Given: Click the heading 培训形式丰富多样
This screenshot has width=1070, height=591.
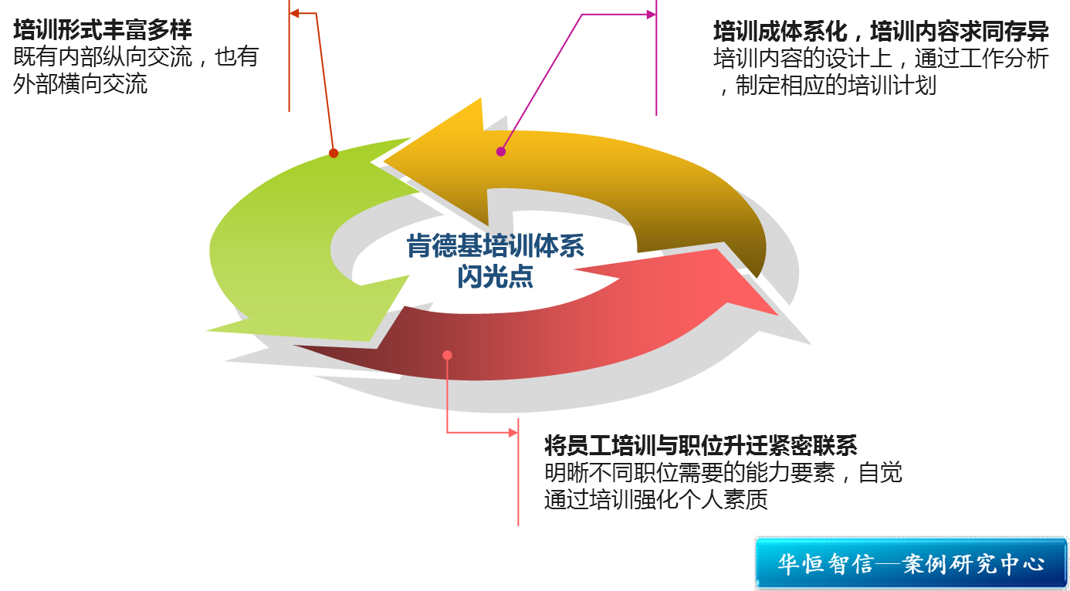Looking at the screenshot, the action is [x=102, y=30].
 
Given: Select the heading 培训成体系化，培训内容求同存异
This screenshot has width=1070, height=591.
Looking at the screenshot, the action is [x=881, y=32].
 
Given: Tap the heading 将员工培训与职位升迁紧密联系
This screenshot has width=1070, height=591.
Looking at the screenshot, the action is [x=700, y=445].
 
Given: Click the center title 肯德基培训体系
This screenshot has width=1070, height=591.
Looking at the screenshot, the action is [x=496, y=246].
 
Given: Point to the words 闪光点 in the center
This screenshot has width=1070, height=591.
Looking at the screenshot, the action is [x=496, y=276].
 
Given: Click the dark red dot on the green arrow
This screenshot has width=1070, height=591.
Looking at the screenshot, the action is [x=334, y=154].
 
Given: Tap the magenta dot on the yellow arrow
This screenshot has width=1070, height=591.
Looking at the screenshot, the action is [x=500, y=151].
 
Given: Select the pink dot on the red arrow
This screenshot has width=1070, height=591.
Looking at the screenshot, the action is [x=447, y=355].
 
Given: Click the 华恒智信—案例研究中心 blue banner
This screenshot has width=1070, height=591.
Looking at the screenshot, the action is [x=911, y=563].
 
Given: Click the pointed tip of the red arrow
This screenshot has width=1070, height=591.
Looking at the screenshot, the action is [x=777, y=315].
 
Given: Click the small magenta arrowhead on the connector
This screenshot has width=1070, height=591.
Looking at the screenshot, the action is [x=652, y=15].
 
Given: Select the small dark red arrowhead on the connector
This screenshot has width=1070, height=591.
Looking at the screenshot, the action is [x=294, y=13].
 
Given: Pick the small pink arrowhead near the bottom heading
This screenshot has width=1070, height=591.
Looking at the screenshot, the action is [x=513, y=433].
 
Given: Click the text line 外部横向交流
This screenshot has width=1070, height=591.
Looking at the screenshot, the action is [x=80, y=84].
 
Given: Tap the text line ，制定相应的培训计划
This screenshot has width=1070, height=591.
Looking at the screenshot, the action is [x=825, y=86].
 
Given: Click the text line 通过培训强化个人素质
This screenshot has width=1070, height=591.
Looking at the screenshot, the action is [x=656, y=499].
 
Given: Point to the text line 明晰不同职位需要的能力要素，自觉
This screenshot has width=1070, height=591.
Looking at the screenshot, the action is [x=723, y=473].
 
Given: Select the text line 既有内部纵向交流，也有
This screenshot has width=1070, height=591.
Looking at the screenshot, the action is [x=136, y=57].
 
